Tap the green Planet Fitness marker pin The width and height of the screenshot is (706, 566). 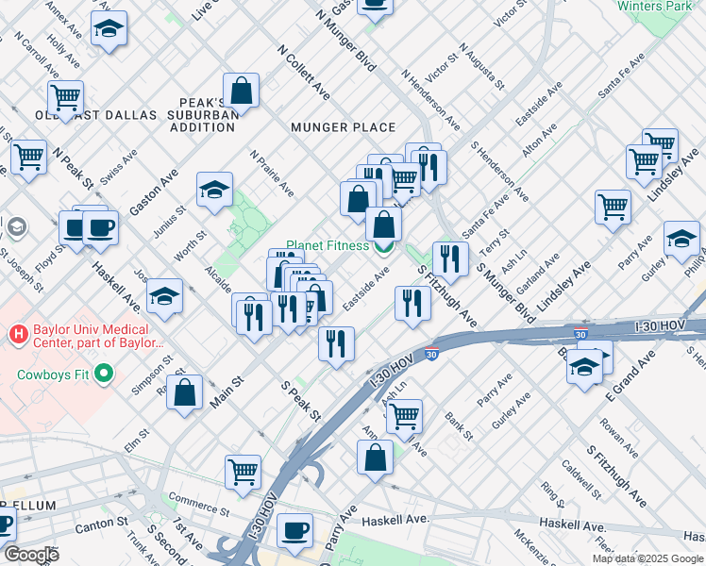(x=383, y=248)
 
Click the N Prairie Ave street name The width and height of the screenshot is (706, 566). (x=272, y=174)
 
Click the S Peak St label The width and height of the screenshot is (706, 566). (x=301, y=400)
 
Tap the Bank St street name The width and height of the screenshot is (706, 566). (x=459, y=425)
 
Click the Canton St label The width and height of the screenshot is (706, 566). (x=109, y=522)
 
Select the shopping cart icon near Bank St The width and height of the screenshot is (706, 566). (x=405, y=415)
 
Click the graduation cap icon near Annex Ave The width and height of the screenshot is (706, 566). (x=109, y=30)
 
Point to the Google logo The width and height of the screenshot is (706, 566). (x=30, y=555)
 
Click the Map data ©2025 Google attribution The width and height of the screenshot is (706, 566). (x=647, y=558)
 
